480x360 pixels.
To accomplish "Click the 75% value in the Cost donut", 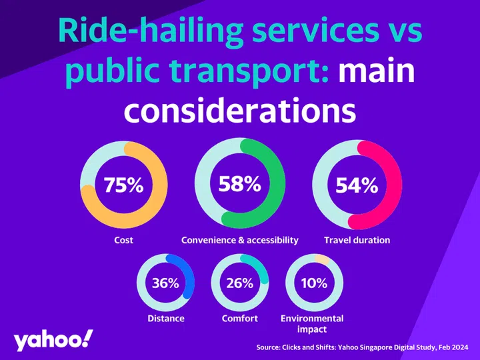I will click(123, 186).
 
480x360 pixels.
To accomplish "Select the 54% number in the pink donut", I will click(357, 186).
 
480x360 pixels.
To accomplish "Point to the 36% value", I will click(165, 283).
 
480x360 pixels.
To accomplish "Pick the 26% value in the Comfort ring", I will click(239, 283).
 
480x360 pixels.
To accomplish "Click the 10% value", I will click(313, 283).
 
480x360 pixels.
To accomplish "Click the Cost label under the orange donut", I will click(123, 240).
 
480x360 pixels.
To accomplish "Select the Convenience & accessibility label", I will click(240, 240).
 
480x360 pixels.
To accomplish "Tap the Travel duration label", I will click(357, 240).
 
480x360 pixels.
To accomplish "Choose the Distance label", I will click(165, 319).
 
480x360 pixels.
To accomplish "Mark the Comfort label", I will click(239, 319).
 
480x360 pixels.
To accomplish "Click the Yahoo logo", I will click(53, 340).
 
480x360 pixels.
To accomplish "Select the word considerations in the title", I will click(240, 109).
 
